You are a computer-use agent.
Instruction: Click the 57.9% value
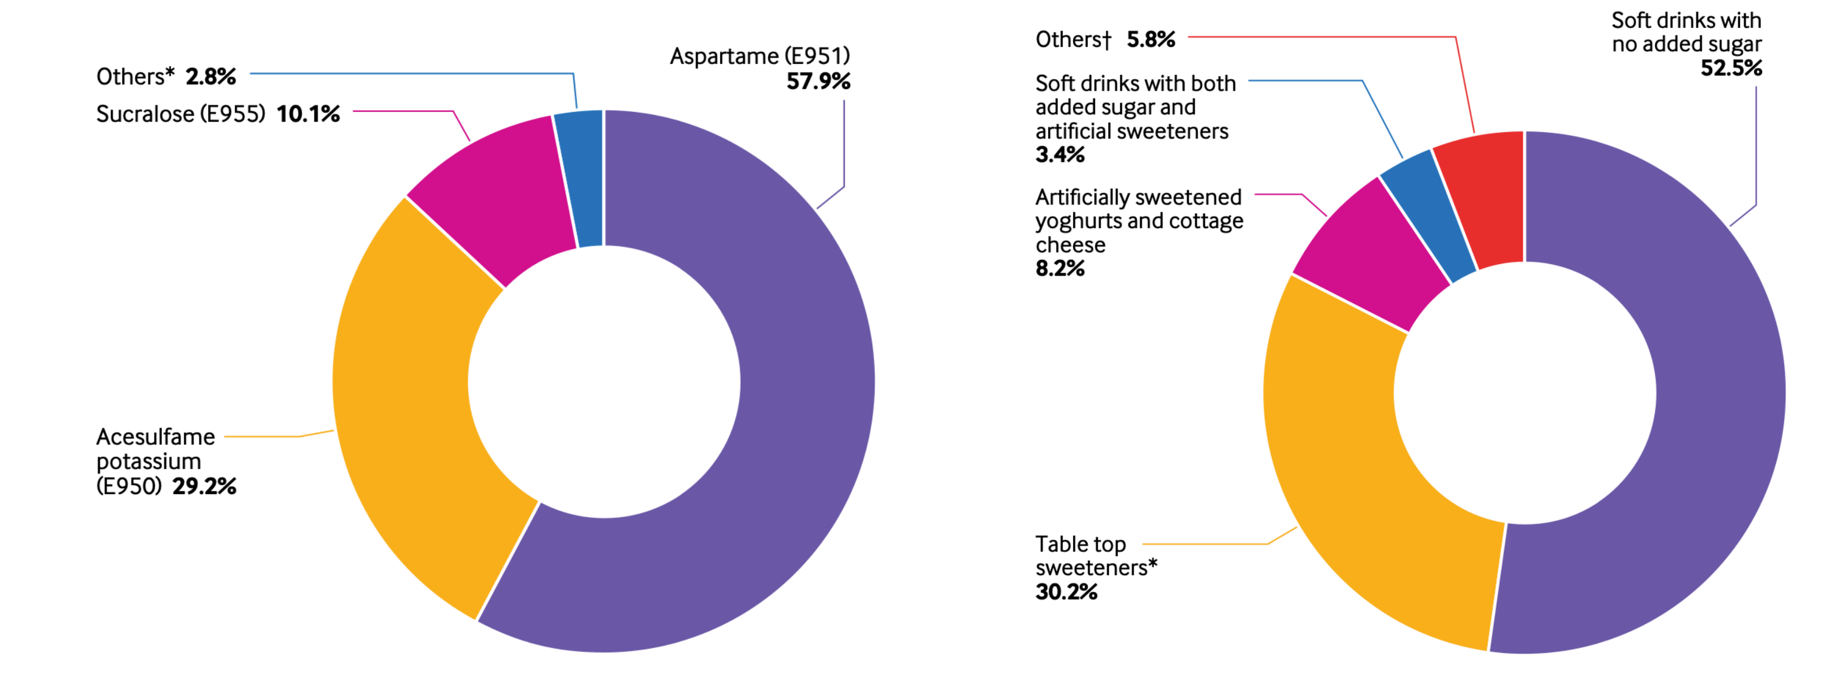[818, 82]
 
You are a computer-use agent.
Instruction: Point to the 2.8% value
[211, 77]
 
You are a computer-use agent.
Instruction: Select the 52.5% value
[1731, 68]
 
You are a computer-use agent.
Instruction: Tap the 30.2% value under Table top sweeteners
[1066, 592]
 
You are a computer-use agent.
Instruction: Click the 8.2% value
[1060, 268]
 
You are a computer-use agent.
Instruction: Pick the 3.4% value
[1060, 155]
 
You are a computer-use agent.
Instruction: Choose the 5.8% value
[1150, 39]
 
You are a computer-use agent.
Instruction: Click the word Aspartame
[724, 56]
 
